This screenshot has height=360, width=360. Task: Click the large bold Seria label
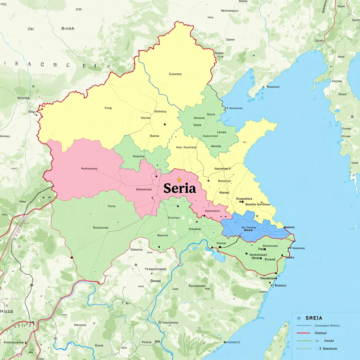180,188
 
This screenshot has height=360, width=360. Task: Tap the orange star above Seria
179,180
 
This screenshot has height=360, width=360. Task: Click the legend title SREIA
314,318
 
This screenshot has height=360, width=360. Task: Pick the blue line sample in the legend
304,326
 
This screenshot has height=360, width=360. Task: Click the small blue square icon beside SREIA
299,318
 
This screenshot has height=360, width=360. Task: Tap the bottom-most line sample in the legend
304,348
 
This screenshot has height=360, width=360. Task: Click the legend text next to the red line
320,333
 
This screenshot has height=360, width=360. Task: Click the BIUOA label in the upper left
67,29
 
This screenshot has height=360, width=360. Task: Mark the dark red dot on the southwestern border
72,257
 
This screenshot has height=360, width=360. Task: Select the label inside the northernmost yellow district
175,74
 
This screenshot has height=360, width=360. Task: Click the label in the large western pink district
89,169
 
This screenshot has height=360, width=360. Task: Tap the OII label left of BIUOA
31,29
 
